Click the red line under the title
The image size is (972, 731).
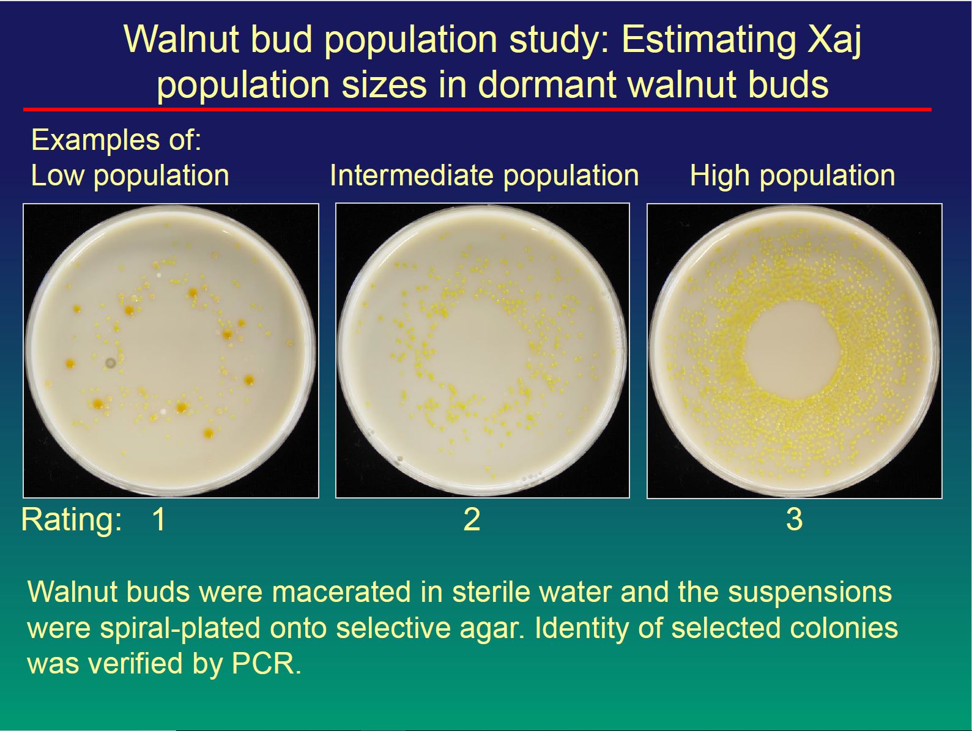coord(477,109)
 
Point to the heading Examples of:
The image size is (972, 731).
coord(116,140)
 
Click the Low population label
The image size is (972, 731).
coord(130,176)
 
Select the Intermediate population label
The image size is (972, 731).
coord(484,176)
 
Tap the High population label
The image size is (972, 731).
coord(793,176)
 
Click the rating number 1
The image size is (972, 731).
coord(158,519)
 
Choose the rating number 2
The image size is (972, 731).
coord(472,519)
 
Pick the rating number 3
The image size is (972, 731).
coord(795,519)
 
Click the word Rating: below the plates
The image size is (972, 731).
coord(72,521)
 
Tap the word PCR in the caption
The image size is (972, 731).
coord(266,664)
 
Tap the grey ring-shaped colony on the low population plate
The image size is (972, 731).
coord(110,363)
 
